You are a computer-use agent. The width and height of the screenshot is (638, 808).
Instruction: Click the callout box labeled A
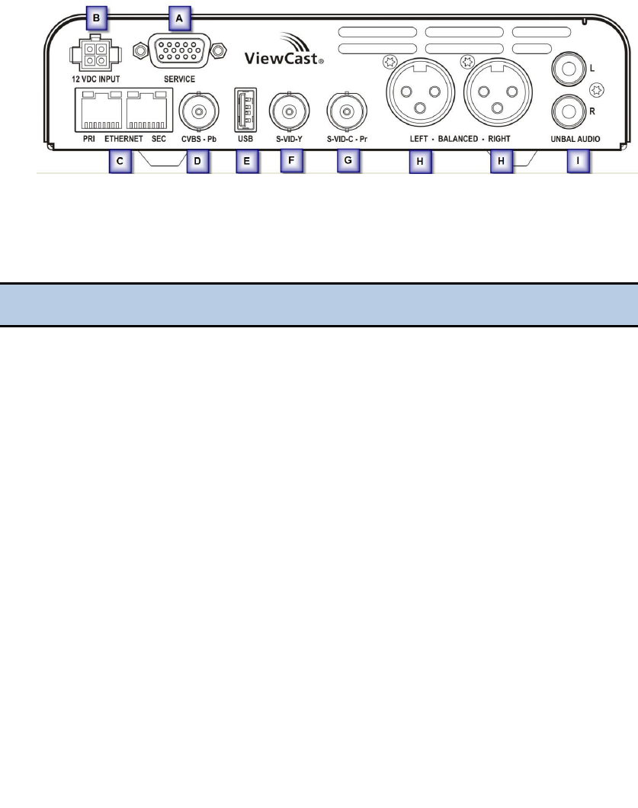(180, 17)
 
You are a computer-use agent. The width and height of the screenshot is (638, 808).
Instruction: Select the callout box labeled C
(120, 162)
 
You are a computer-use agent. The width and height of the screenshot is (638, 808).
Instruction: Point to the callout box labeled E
(247, 162)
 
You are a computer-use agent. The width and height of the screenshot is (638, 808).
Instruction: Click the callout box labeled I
(576, 162)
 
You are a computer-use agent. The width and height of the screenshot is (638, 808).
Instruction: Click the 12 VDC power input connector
(90, 56)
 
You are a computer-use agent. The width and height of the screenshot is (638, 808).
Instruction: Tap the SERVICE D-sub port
(180, 52)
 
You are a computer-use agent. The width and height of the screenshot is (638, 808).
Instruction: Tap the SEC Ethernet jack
(148, 111)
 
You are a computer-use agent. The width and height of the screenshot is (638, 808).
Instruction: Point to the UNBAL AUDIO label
(576, 139)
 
